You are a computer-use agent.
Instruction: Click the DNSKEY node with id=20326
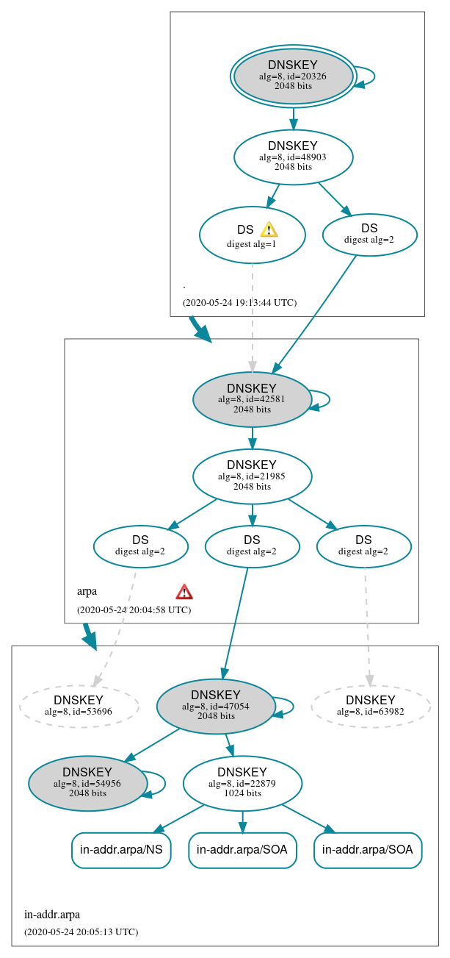[293, 76]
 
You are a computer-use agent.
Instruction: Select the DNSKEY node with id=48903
[293, 157]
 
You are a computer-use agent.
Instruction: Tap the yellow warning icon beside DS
[269, 229]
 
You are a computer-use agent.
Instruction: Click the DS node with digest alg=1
[251, 235]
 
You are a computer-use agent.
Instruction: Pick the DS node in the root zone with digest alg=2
[369, 235]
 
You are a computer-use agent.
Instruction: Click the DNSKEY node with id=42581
[252, 399]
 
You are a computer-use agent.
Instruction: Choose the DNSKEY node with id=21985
[252, 476]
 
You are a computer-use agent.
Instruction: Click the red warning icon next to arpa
[184, 592]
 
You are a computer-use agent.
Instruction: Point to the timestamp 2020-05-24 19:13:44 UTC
[239, 302]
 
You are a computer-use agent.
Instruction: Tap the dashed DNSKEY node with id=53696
[79, 705]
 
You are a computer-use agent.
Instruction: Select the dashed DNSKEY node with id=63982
[371, 705]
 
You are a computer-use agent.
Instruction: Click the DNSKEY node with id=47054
[216, 706]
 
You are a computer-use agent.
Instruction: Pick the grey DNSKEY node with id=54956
[87, 783]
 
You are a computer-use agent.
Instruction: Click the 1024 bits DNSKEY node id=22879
[242, 783]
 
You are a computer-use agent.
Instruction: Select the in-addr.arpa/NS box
[121, 850]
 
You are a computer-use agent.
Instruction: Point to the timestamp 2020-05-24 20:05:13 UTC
[81, 932]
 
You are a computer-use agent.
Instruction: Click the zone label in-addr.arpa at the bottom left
[52, 915]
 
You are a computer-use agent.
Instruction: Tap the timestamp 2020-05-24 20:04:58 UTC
[134, 610]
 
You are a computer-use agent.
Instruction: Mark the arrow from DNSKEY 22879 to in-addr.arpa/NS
[179, 818]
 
